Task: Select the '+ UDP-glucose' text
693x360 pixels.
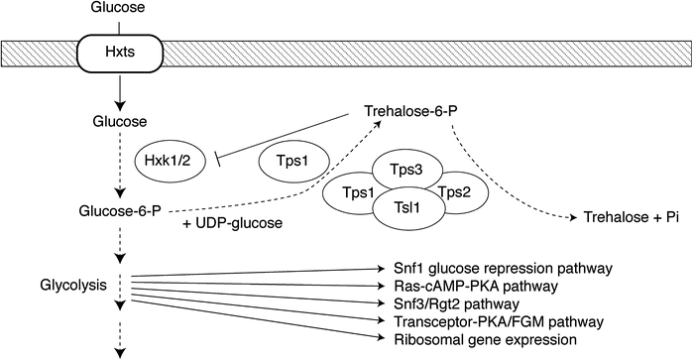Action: pyautogui.click(x=233, y=223)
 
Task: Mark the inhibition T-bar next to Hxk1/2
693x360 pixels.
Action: pyautogui.click(x=216, y=153)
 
